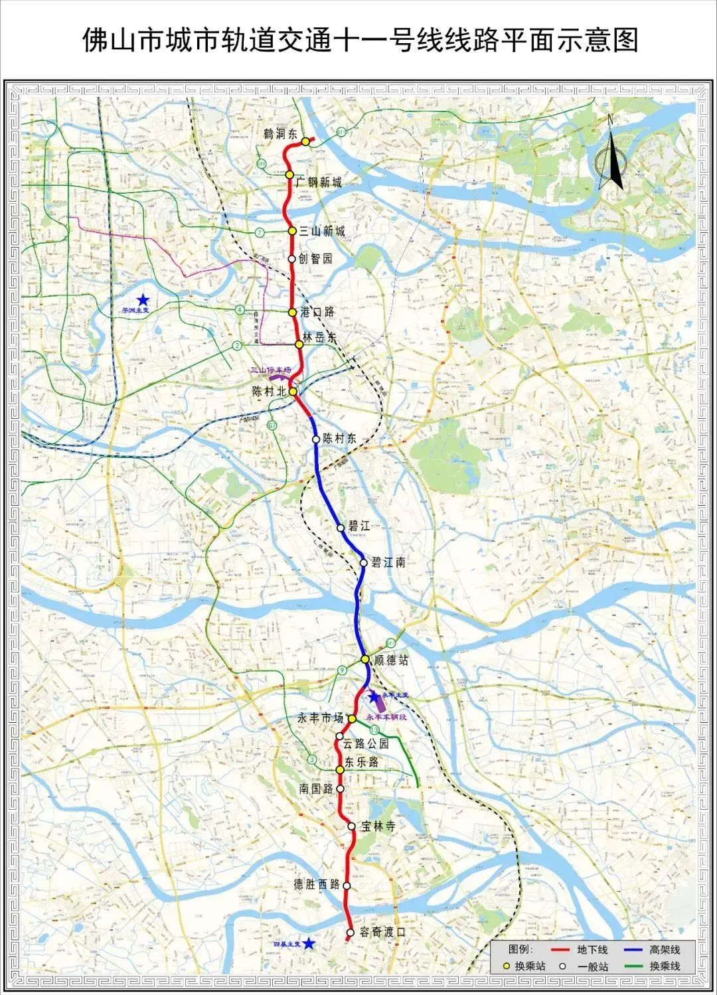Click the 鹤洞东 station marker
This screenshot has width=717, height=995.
[305, 141]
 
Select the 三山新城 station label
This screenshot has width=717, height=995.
[322, 231]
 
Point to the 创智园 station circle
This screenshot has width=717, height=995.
[291, 259]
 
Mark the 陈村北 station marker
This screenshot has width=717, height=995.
[293, 392]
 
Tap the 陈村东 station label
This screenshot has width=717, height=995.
[339, 439]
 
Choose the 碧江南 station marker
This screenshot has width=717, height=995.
[363, 563]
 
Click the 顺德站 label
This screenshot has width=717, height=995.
[391, 660]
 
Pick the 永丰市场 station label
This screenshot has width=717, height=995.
[321, 718]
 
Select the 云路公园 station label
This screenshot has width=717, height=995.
[366, 744]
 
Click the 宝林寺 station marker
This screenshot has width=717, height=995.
[352, 826]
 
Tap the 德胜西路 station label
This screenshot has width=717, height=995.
[317, 884]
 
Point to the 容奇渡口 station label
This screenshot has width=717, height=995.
[382, 932]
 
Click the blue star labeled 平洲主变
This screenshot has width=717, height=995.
[143, 300]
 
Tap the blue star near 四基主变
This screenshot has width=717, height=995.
[309, 944]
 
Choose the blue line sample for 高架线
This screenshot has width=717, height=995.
[634, 951]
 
